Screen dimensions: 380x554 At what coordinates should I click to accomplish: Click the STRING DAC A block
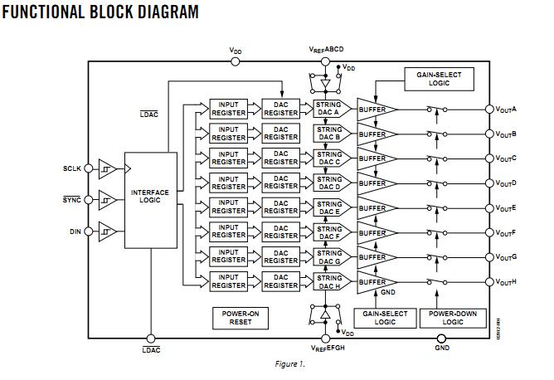(x=329, y=109)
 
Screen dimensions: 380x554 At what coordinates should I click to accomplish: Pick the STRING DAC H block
(x=329, y=281)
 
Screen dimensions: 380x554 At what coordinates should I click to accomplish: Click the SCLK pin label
(x=72, y=168)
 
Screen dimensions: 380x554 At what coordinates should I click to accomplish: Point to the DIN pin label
(x=75, y=231)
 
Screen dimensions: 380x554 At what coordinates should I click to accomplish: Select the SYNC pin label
(x=72, y=200)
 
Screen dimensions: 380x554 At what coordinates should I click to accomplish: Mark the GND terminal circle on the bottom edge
(x=442, y=338)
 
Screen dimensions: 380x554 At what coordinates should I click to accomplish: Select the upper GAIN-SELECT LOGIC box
(x=439, y=79)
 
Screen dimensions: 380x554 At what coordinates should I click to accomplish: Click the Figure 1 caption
(x=289, y=363)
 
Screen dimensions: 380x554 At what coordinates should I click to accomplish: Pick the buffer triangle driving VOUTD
(x=377, y=183)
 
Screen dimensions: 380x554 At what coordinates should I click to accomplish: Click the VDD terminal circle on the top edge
(x=236, y=61)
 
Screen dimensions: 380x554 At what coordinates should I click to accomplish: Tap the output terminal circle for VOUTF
(x=489, y=232)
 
